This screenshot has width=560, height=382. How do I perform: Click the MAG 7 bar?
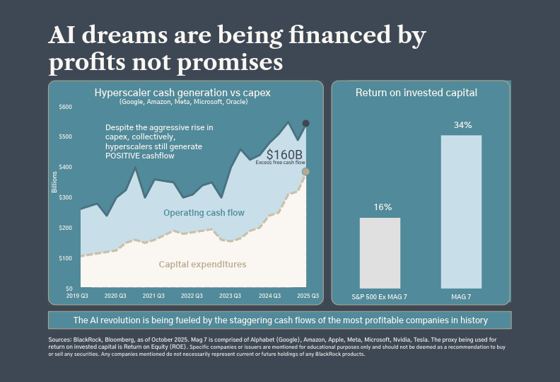(x=461, y=212)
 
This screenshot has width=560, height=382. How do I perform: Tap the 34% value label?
(x=462, y=125)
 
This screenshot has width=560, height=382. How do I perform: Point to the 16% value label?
(x=383, y=207)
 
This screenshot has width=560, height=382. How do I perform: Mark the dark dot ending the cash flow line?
(x=305, y=124)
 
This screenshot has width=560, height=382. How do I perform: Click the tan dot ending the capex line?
(x=305, y=172)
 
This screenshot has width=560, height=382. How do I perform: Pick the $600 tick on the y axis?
(x=65, y=107)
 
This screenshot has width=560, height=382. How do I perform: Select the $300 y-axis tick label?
(x=65, y=197)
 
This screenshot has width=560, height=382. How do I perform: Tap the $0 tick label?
(x=69, y=289)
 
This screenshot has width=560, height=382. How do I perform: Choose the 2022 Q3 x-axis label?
(x=192, y=296)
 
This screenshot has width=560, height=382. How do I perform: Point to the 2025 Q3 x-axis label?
(x=308, y=296)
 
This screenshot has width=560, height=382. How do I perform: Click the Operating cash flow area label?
(x=204, y=213)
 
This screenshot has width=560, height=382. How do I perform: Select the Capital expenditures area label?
(x=202, y=265)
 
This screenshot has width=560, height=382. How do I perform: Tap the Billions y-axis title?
(x=54, y=182)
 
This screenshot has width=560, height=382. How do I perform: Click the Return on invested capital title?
(x=416, y=93)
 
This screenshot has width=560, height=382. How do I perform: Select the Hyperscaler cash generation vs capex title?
(x=182, y=93)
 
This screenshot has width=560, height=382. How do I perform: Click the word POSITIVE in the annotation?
(x=117, y=156)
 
